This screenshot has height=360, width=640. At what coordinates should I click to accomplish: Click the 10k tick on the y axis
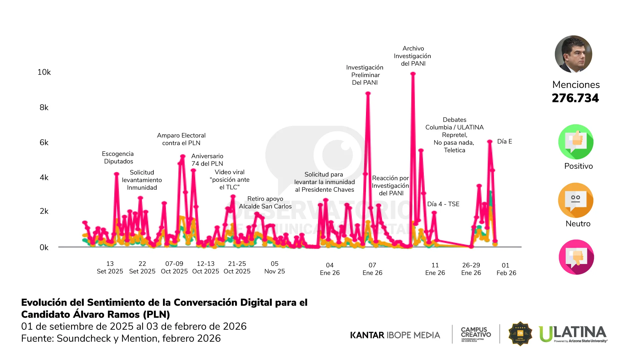tap(44, 72)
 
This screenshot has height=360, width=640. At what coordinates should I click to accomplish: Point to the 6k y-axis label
tap(44, 142)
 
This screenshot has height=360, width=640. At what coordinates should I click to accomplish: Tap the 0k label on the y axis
tap(44, 247)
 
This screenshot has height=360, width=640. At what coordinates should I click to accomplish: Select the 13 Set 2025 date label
tap(110, 267)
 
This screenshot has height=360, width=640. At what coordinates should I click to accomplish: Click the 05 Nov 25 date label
tap(274, 267)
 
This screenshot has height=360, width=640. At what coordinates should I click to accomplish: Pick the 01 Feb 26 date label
tap(506, 269)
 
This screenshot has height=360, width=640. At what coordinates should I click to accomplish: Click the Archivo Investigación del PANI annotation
tap(413, 56)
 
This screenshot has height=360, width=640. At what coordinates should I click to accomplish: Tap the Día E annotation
tap(504, 141)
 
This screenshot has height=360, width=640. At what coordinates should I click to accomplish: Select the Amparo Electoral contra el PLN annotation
tap(181, 139)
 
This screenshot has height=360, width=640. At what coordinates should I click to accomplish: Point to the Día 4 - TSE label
tap(443, 204)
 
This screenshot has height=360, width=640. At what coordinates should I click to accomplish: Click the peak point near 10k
tap(413, 74)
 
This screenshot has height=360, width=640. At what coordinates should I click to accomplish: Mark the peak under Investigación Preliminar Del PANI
tap(368, 93)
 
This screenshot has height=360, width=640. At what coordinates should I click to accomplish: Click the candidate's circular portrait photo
tap(573, 54)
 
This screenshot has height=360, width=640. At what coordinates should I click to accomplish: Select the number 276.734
tap(575, 98)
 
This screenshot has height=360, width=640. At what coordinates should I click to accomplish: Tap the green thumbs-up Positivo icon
tap(576, 142)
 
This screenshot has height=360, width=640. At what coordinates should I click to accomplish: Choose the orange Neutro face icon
tap(576, 200)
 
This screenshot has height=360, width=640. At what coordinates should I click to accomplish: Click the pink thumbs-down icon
tap(576, 257)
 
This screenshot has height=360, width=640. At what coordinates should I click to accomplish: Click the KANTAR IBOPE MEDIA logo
tap(395, 335)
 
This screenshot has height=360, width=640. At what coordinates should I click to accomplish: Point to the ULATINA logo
tap(573, 334)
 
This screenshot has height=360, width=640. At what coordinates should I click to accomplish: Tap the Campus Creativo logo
tap(476, 334)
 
